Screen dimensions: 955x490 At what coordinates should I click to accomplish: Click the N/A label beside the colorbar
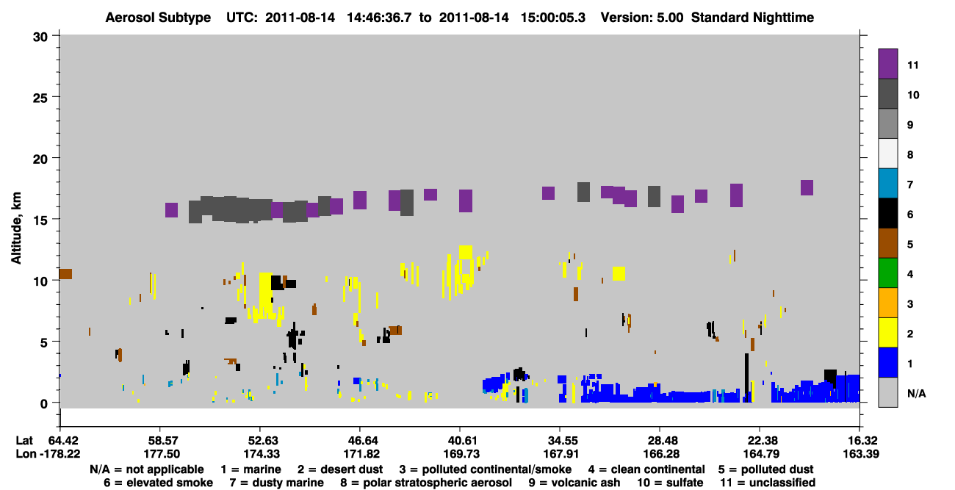click(x=917, y=394)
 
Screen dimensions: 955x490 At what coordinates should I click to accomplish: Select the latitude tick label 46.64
click(x=360, y=441)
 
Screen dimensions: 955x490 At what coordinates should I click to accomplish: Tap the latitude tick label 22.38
click(x=760, y=441)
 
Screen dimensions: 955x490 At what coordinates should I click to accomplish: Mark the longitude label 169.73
click(x=461, y=454)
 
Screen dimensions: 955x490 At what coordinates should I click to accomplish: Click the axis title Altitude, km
click(x=16, y=228)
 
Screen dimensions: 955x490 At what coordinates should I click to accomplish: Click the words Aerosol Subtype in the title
click(x=158, y=18)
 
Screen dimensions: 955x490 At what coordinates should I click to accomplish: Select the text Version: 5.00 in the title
click(x=642, y=18)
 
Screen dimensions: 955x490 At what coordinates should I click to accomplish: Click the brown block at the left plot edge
click(x=65, y=274)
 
